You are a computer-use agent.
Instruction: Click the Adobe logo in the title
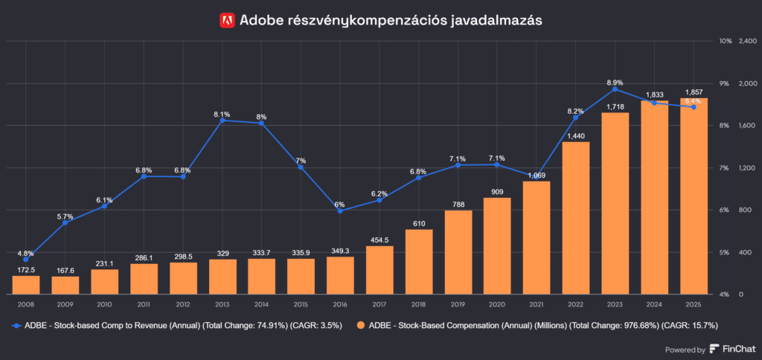(228, 20)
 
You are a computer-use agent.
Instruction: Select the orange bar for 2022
(576, 217)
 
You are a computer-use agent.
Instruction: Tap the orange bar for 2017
(380, 269)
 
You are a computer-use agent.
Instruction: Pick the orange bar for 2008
(26, 284)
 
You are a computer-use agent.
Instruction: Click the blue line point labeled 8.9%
(615, 89)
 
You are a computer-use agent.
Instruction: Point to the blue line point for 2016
(340, 210)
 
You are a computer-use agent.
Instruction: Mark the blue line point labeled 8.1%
(222, 120)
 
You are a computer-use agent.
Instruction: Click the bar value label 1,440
(576, 135)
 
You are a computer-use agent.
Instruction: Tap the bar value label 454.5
(380, 240)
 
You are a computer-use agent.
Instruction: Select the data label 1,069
(537, 176)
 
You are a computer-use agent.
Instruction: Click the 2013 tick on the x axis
(222, 303)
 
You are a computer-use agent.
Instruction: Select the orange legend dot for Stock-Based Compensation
(361, 325)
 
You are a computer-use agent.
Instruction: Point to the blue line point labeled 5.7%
(65, 222)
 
